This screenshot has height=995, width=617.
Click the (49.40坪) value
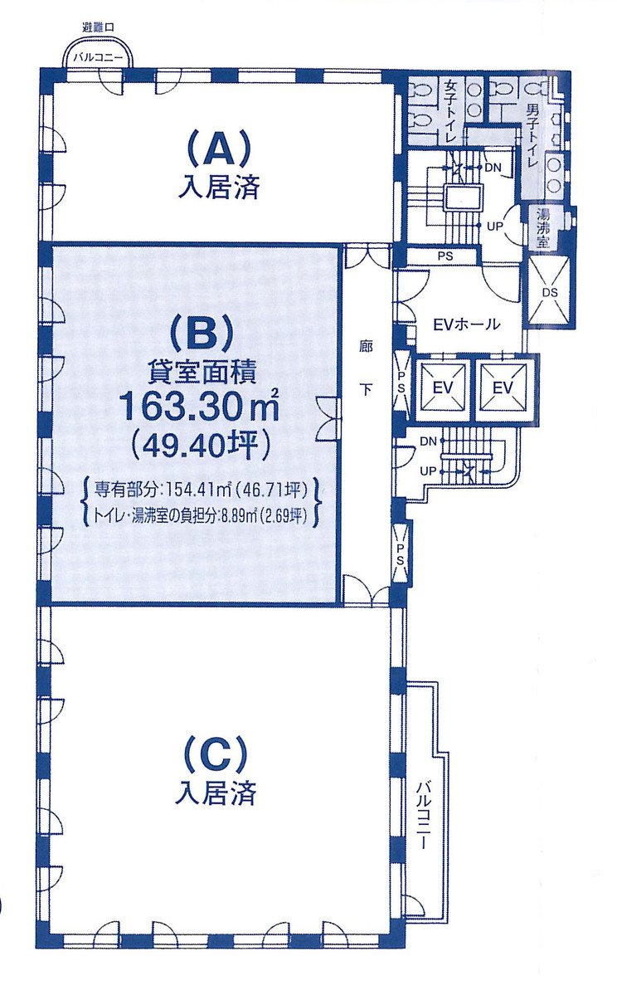[x=202, y=447]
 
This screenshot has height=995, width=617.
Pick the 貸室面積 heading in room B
[x=202, y=371]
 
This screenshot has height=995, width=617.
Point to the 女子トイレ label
[x=449, y=110]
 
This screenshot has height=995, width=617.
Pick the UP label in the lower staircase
[x=428, y=471]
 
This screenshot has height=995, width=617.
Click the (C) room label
[x=215, y=755]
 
